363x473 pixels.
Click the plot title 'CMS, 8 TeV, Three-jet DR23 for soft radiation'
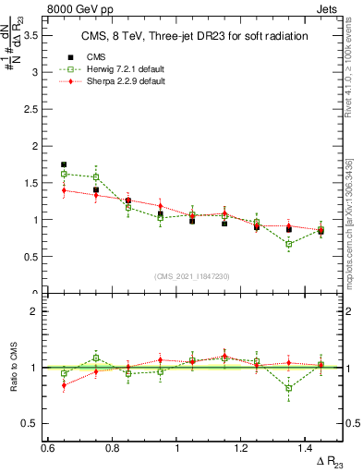pyautogui.click(x=193, y=36)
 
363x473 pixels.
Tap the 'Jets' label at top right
pyautogui.click(x=327, y=8)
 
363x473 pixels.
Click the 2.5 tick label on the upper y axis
pyautogui.click(x=34, y=108)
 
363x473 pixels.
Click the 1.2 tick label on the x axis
pyautogui.click(x=243, y=447)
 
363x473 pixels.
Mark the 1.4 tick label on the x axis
pyautogui.click(x=308, y=447)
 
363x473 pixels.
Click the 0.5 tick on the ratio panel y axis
pyautogui.click(x=34, y=423)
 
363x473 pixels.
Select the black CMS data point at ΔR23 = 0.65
pyautogui.click(x=64, y=164)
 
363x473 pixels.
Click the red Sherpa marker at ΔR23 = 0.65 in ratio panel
pyautogui.click(x=64, y=385)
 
